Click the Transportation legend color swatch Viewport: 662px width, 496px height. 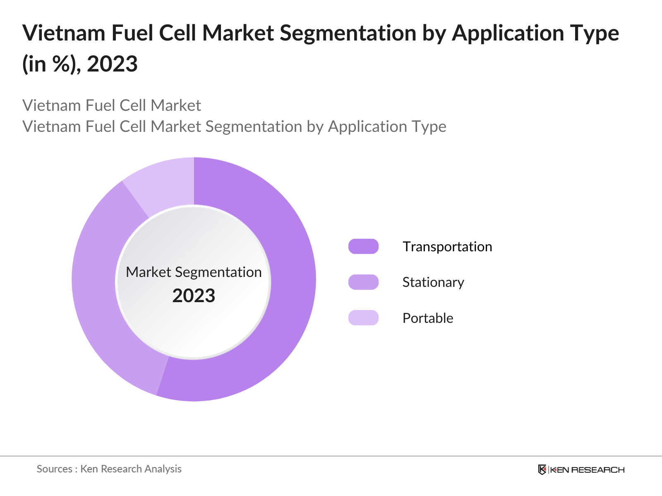point(363,246)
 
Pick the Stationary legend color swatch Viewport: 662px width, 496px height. point(363,282)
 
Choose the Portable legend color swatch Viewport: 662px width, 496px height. point(363,318)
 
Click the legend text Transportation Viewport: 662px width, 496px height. point(447,247)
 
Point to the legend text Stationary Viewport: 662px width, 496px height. point(433,282)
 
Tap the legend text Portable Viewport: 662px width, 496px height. point(427,318)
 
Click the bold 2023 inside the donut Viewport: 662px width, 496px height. point(194,296)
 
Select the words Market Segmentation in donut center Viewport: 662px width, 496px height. point(194,272)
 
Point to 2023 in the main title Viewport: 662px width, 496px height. point(112,64)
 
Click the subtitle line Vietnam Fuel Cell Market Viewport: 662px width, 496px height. point(111,105)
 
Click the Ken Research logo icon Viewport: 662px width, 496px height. point(542,470)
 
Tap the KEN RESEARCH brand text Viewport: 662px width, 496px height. point(587,470)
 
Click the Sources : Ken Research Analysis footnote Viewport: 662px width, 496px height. point(109,469)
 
